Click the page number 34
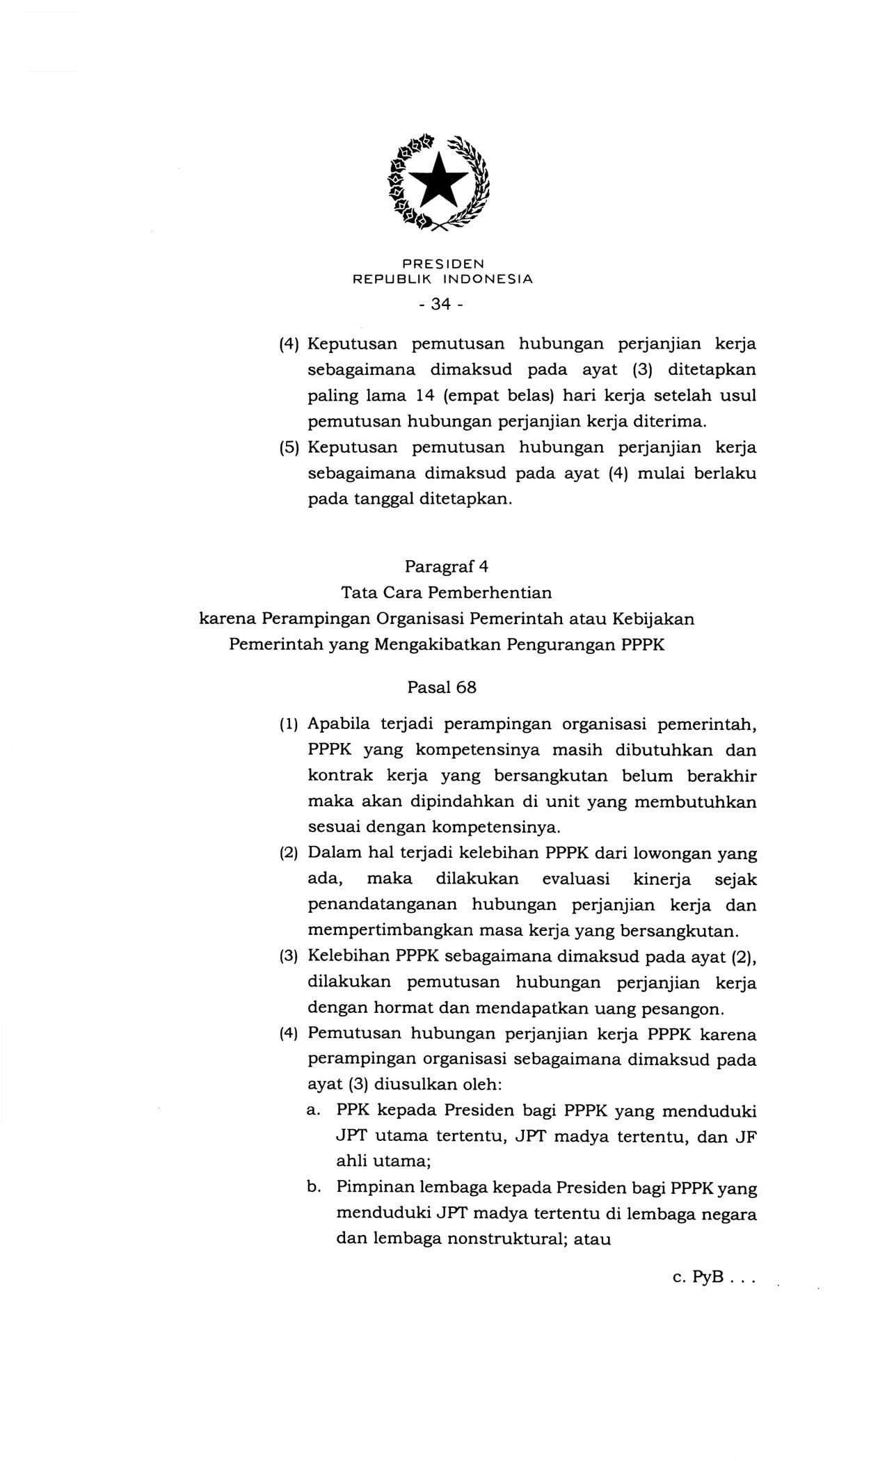click(442, 304)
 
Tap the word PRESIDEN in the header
click(443, 264)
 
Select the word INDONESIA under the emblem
click(488, 279)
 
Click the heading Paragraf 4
click(447, 566)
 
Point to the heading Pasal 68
click(442, 687)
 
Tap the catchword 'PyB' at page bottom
click(708, 1277)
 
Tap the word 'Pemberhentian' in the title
click(490, 593)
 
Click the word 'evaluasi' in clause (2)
click(576, 879)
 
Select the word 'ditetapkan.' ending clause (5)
click(465, 499)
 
